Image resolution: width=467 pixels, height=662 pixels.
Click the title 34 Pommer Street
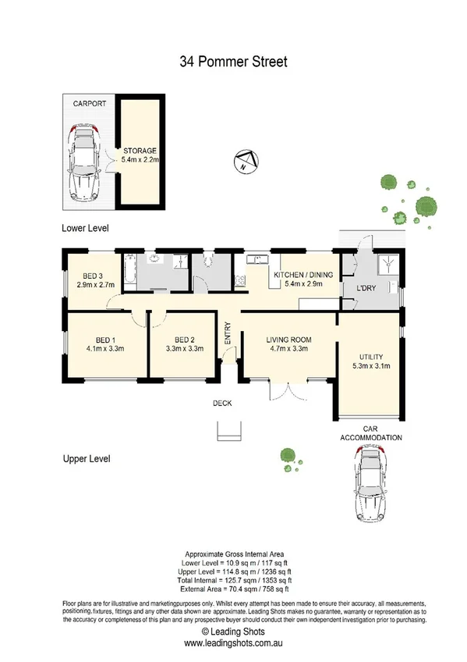click(x=233, y=59)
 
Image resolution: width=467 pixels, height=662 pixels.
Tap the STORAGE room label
click(x=140, y=151)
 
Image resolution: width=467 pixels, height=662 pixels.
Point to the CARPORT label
click(x=90, y=103)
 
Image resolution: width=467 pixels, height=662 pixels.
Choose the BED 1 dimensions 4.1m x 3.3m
click(x=105, y=349)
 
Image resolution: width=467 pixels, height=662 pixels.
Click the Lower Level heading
click(x=86, y=229)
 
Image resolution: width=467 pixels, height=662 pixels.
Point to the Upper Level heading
click(x=86, y=459)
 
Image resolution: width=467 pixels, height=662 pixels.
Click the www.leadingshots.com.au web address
click(x=233, y=643)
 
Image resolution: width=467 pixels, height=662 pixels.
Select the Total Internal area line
click(x=233, y=580)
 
